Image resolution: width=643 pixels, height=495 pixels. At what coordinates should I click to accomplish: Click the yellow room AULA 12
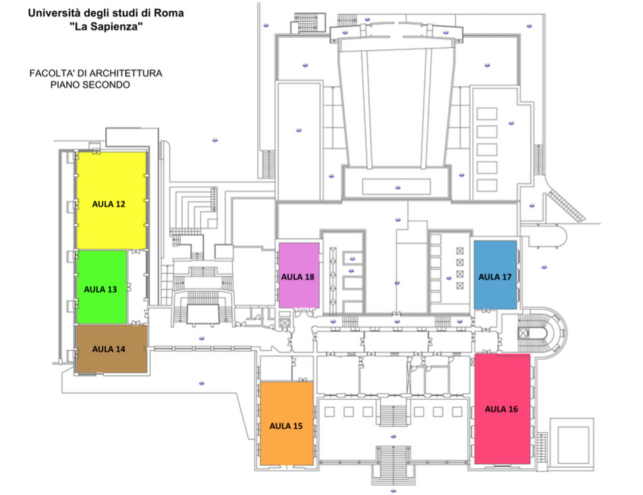coord(111,201)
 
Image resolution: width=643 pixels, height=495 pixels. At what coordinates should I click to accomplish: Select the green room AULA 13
coord(102,287)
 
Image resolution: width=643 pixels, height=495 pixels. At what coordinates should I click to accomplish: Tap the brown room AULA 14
coord(111,349)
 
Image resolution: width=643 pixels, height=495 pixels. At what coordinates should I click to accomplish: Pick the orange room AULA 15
coord(287,423)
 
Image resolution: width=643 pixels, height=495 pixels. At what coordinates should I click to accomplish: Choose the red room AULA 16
coord(503,409)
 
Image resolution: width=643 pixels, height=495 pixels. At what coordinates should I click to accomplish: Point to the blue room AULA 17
coord(495,275)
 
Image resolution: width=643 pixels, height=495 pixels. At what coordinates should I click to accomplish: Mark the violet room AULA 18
coord(299,275)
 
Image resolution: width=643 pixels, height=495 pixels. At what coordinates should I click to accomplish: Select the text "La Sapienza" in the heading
coord(106,27)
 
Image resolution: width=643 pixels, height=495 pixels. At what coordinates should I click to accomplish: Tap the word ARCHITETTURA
coord(125,74)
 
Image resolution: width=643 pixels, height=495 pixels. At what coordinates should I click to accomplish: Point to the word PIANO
coord(65,85)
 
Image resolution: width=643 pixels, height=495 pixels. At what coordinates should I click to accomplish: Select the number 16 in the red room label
coord(513,409)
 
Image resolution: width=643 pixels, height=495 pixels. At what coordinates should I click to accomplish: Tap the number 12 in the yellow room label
coord(120,204)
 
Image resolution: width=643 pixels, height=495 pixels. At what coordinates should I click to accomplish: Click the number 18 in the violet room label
coord(310,277)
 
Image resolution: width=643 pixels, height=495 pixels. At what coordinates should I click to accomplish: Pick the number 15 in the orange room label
coord(298,426)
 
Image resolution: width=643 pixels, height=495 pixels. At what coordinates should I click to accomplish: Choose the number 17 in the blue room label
coord(507,277)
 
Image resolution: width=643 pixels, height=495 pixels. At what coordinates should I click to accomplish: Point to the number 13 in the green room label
coord(112,289)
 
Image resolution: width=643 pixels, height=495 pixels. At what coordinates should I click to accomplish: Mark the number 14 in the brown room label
coord(120,349)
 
